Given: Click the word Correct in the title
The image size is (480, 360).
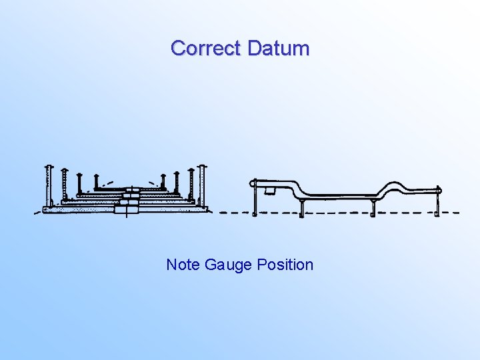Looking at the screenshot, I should (x=206, y=49).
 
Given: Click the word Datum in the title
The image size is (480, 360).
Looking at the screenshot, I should (x=278, y=49).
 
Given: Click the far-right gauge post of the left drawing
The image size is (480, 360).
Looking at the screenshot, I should (x=203, y=185).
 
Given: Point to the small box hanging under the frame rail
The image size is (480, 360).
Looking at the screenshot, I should (x=270, y=191).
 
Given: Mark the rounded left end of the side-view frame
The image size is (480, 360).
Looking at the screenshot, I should (x=253, y=182).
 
